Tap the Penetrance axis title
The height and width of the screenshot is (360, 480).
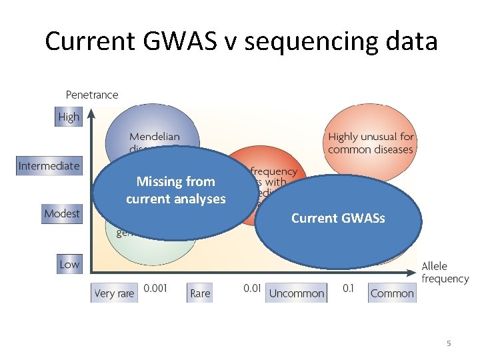pos(92,95)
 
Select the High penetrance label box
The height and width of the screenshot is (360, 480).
pos(69,117)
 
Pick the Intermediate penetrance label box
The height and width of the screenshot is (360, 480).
pos(49,166)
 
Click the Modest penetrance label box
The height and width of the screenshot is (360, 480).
pos(61,214)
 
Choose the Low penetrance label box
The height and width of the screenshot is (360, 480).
pos(69,265)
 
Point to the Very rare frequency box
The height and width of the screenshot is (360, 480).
pos(114,293)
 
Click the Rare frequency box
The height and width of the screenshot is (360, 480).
pos(200,293)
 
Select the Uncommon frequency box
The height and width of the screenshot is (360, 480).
pos(297,293)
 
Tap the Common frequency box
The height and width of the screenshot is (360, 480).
pos(392,293)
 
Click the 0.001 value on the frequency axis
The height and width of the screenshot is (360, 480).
pos(155,289)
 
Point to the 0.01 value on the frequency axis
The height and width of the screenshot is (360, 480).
pos(252,289)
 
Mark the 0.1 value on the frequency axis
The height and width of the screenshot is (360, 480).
pos(348,289)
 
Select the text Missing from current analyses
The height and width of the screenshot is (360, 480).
pos(176,190)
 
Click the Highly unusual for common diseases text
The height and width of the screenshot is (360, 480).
pos(371,143)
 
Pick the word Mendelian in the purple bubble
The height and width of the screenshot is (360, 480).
pos(155,137)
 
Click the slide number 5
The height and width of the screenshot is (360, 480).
pos(449,343)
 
